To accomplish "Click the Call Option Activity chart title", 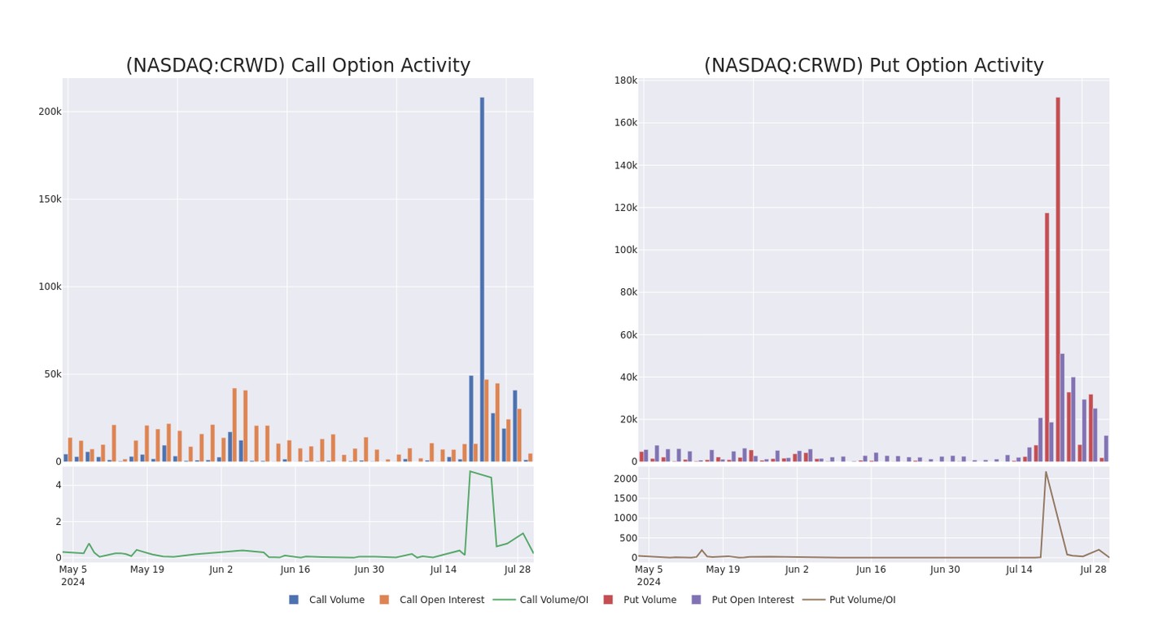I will tap(298, 66).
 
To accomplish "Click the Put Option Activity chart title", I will tap(873, 66).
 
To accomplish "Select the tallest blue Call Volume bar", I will tap(482, 277).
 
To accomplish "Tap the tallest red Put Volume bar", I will tap(1058, 277).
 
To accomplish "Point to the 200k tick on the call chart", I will tap(50, 111).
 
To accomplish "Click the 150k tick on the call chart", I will tap(50, 199).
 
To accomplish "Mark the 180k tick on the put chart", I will tap(626, 80).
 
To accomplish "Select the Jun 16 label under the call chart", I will tap(295, 570).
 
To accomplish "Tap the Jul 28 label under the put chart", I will tap(1093, 570).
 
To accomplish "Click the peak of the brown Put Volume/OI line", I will tap(1046, 472).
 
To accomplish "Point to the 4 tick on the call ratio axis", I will tap(58, 485).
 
